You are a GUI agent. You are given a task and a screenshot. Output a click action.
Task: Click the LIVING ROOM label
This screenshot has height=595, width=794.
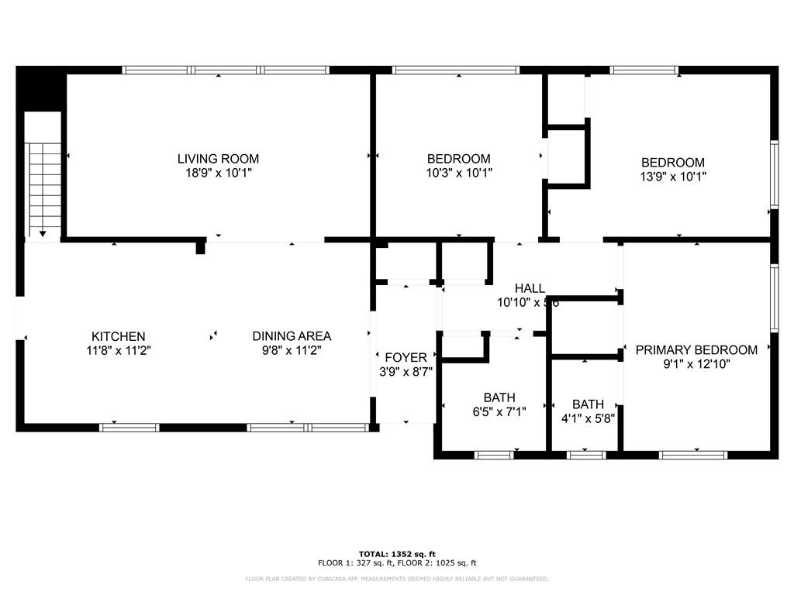[x=218, y=159]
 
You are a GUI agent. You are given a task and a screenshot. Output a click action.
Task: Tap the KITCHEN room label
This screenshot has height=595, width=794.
[x=119, y=336]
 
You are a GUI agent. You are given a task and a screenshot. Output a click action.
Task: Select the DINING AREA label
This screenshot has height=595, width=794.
[x=292, y=336]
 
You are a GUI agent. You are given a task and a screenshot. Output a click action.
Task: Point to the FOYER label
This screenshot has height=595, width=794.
[x=406, y=357]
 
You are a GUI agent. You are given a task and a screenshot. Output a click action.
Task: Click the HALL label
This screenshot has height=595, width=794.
[x=530, y=288]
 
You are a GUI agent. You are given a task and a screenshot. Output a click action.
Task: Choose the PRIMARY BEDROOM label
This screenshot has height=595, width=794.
[x=696, y=349]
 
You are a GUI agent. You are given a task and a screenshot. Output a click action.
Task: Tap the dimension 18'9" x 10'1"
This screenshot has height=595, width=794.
[x=218, y=174]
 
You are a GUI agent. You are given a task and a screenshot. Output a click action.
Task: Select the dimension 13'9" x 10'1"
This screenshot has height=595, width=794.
[x=673, y=177]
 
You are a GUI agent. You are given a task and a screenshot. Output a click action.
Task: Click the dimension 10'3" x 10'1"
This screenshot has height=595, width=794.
[x=460, y=174]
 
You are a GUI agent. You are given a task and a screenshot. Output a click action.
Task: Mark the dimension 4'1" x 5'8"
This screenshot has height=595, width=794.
[x=588, y=419]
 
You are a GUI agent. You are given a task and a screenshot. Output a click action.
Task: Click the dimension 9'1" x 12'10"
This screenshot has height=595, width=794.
[x=696, y=364]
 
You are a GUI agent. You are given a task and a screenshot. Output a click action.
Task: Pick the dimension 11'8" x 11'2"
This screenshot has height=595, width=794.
[x=119, y=350]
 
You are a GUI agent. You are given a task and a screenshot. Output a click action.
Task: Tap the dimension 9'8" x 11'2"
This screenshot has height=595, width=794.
[x=292, y=350]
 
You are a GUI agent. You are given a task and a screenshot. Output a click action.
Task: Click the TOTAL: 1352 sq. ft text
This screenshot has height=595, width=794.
[x=396, y=554]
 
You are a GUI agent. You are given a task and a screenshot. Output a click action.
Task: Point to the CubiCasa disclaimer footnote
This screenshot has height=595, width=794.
[x=396, y=579]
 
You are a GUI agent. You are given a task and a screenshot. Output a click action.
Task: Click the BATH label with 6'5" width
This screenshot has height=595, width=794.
[x=499, y=397]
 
